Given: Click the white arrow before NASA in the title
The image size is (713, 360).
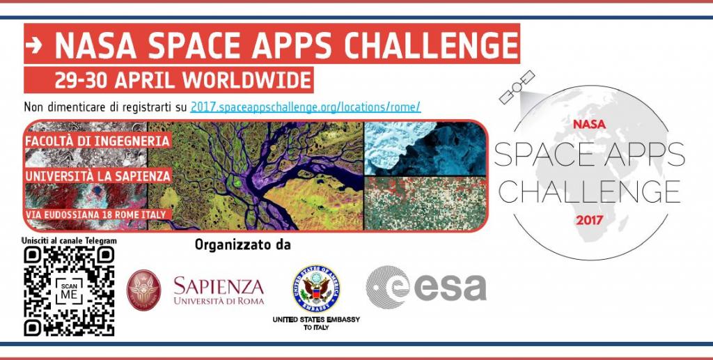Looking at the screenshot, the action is (x=33, y=44).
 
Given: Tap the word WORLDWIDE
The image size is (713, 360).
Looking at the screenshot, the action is (x=247, y=80).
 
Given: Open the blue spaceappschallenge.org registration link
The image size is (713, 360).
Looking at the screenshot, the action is (x=306, y=107).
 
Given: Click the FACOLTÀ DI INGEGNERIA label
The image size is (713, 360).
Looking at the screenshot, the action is (x=97, y=141).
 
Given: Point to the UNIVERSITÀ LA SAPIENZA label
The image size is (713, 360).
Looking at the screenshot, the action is (x=97, y=175).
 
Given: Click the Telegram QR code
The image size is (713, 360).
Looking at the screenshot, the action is (x=69, y=291).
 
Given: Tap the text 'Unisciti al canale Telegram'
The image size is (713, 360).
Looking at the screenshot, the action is (x=69, y=240).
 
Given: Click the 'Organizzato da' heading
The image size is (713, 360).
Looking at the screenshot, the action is (x=242, y=245).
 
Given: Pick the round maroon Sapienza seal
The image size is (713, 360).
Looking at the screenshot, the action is (x=143, y=290).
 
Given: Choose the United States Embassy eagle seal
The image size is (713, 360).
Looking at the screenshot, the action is (x=316, y=288).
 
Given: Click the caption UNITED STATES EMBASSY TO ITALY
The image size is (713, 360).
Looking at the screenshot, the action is (x=316, y=323).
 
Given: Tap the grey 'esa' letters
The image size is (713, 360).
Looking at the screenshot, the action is (x=450, y=288).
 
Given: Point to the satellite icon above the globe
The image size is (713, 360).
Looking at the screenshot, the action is (x=517, y=87).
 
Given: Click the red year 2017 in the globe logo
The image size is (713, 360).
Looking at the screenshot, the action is (x=589, y=221).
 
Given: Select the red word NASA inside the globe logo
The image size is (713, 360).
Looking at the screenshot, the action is (x=589, y=124).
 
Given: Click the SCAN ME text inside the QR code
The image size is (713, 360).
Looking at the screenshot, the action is (x=69, y=291).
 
